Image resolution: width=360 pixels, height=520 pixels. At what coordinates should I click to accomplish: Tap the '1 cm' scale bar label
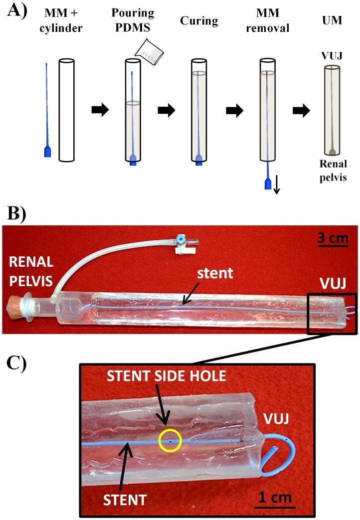coord(273,497)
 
